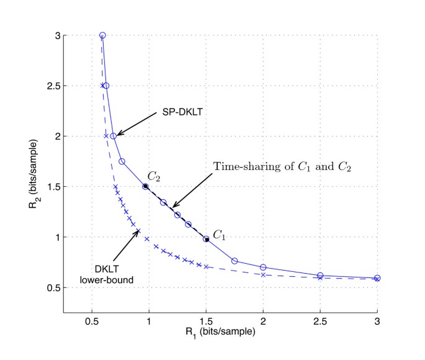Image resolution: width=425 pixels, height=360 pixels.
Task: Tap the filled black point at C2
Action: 145,186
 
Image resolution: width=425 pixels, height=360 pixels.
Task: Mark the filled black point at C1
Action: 206,239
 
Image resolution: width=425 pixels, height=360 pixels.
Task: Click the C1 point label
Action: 220,235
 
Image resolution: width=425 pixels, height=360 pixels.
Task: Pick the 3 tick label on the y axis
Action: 66,35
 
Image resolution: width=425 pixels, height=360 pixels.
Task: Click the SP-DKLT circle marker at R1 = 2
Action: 263,268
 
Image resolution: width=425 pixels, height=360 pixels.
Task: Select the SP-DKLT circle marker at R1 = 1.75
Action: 235,261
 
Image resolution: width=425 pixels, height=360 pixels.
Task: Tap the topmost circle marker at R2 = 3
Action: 102,35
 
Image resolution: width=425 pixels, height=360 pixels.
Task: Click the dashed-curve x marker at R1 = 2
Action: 263,275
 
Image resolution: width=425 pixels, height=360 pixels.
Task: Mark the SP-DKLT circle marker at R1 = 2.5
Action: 320,276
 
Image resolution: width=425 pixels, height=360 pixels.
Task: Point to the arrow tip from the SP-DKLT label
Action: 118,135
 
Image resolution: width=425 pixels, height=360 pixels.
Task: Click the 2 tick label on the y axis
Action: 66,136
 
